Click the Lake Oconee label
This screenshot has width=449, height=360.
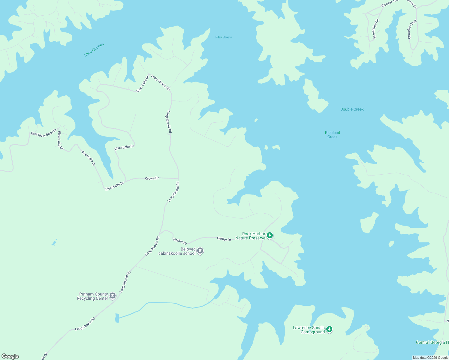point(94,49)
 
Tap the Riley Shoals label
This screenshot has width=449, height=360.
point(224,37)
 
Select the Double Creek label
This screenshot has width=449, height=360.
point(352,109)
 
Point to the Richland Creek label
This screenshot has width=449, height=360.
point(333,135)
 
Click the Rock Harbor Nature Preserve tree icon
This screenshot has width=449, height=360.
point(270,235)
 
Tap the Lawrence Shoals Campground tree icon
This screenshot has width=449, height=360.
point(329,329)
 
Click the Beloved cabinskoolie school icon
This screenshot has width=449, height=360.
point(200,251)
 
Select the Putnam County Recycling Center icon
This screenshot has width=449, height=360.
point(113,296)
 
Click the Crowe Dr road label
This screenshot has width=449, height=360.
point(152,178)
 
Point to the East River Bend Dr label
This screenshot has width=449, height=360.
point(44,133)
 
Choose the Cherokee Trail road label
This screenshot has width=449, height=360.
point(412,29)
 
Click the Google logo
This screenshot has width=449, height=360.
point(10,356)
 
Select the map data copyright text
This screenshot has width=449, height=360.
point(430,358)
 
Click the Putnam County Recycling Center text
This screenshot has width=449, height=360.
point(93,296)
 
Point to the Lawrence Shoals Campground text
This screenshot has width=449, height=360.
point(309,330)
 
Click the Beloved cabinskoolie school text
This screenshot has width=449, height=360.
point(177,251)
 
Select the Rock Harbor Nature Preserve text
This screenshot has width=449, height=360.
point(251,236)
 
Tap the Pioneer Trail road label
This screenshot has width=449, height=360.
point(390,3)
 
